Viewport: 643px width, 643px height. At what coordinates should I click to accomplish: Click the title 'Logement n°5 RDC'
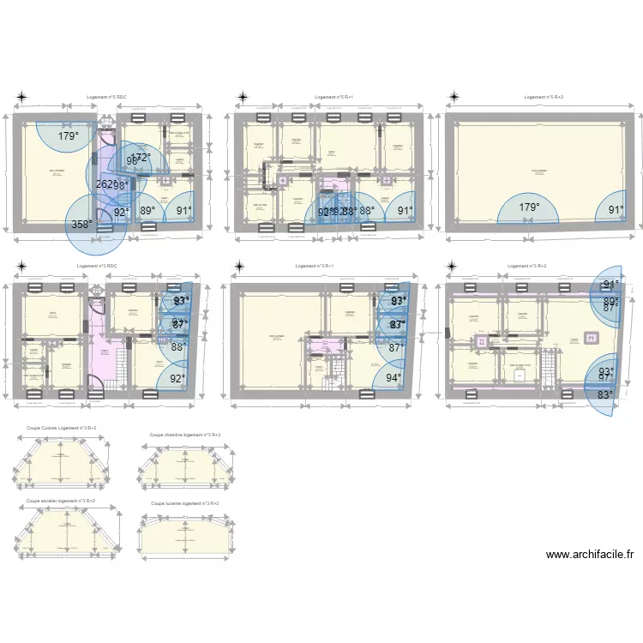click(x=107, y=98)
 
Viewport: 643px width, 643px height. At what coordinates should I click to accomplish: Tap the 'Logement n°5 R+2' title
click(x=544, y=98)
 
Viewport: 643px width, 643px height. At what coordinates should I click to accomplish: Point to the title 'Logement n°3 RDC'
click(x=96, y=266)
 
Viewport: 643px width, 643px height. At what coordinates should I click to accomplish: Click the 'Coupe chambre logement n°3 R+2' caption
click(x=184, y=435)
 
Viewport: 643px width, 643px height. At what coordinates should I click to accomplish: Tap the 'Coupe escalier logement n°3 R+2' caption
click(x=61, y=500)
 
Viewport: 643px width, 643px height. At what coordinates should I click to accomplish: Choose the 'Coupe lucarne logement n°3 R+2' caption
click(x=184, y=503)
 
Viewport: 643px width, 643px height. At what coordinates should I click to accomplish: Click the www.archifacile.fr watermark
click(x=590, y=555)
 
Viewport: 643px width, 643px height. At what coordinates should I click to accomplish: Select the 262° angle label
click(x=105, y=185)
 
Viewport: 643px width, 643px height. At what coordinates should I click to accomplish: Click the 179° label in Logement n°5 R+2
click(x=530, y=207)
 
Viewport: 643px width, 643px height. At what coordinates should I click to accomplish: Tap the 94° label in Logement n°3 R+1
click(x=394, y=377)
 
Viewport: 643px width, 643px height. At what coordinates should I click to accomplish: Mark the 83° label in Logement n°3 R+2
click(x=606, y=395)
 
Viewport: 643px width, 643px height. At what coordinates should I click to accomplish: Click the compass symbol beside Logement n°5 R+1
click(x=243, y=98)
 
